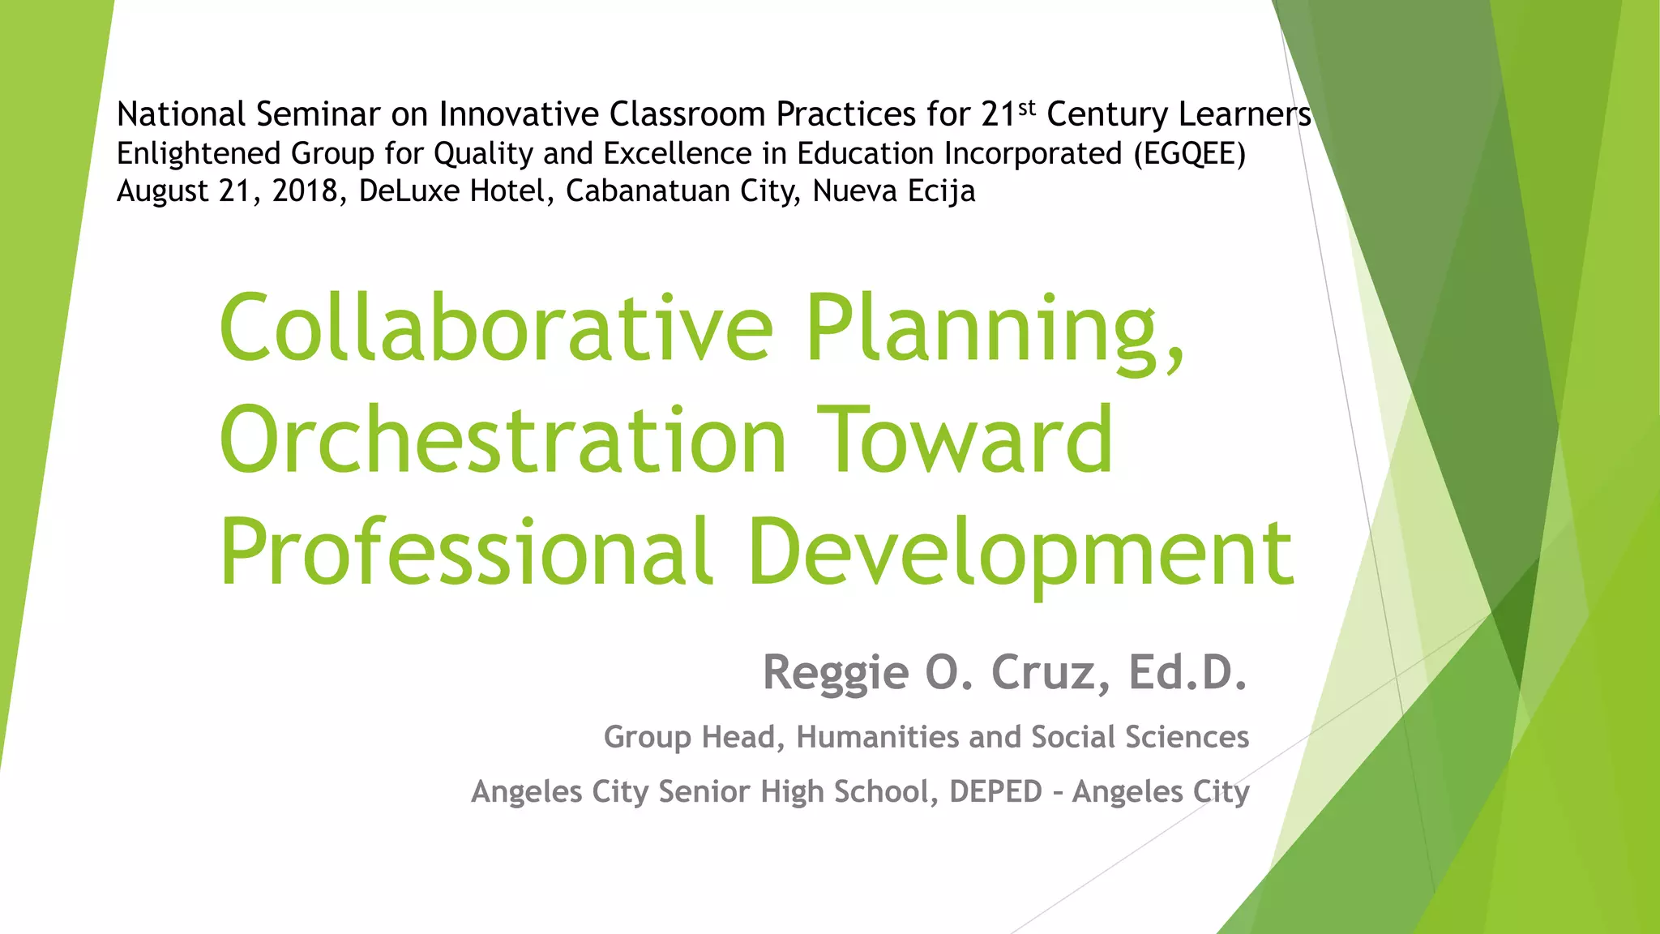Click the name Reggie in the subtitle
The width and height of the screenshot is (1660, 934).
(x=836, y=673)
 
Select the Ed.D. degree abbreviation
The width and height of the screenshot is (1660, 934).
(x=1187, y=673)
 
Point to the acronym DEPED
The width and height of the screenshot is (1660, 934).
(x=995, y=791)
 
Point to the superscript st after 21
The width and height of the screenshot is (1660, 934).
(x=1027, y=107)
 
